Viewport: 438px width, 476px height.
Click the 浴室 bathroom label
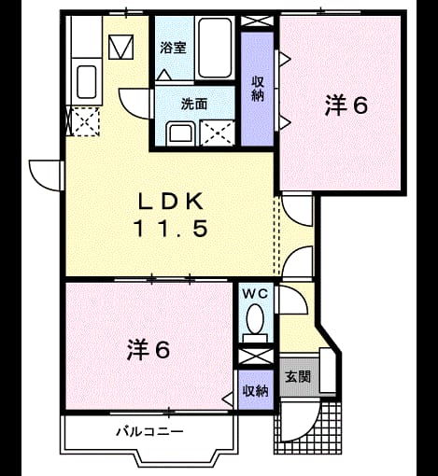(173, 49)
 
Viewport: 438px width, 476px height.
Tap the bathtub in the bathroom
(215, 48)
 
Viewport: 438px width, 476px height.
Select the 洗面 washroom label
(194, 104)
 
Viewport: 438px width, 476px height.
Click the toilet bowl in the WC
(255, 319)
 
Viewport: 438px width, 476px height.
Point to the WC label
(255, 294)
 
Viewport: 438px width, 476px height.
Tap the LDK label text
(171, 202)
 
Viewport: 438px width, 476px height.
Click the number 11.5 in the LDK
(170, 228)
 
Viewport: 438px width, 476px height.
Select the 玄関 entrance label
(298, 377)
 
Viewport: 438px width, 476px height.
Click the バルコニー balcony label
(149, 431)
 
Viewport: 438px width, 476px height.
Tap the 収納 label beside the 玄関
(256, 391)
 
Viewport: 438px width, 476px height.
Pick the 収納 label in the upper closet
(258, 89)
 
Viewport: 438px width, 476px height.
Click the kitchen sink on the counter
(86, 82)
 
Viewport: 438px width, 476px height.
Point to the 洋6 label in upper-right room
(346, 105)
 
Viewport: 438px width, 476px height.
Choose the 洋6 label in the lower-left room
(148, 350)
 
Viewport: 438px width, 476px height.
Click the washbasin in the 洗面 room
(180, 134)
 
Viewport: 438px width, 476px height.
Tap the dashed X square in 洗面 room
(218, 133)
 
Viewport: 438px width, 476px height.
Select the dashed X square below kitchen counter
(85, 121)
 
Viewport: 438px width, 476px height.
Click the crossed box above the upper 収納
(257, 21)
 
